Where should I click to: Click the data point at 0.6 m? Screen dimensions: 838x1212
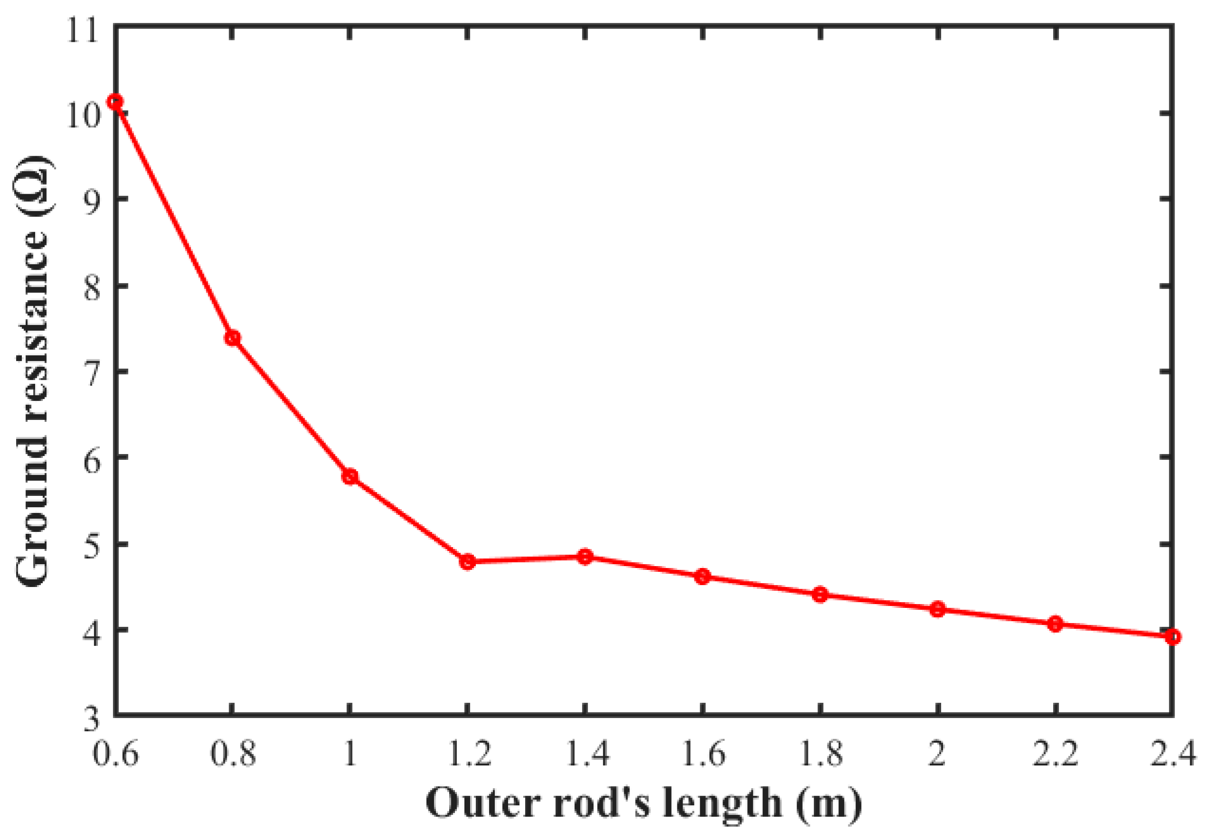click(115, 102)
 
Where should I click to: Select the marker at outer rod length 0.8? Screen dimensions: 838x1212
click(232, 338)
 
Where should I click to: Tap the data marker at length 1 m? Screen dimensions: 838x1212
click(350, 477)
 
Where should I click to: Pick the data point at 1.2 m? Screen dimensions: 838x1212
click(468, 562)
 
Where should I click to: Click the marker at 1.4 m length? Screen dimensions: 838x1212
click(585, 557)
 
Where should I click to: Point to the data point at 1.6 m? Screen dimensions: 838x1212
click(703, 577)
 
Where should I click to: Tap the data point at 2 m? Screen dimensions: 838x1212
click(938, 609)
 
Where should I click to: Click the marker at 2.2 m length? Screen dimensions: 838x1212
click(1055, 624)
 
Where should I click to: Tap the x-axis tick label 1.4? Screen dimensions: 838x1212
click(585, 754)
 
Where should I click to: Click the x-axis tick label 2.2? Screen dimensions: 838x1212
click(1055, 754)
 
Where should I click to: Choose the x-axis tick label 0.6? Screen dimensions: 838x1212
click(115, 754)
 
